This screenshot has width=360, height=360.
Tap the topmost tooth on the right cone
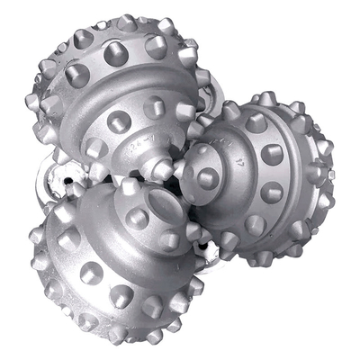[x=261, y=99]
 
